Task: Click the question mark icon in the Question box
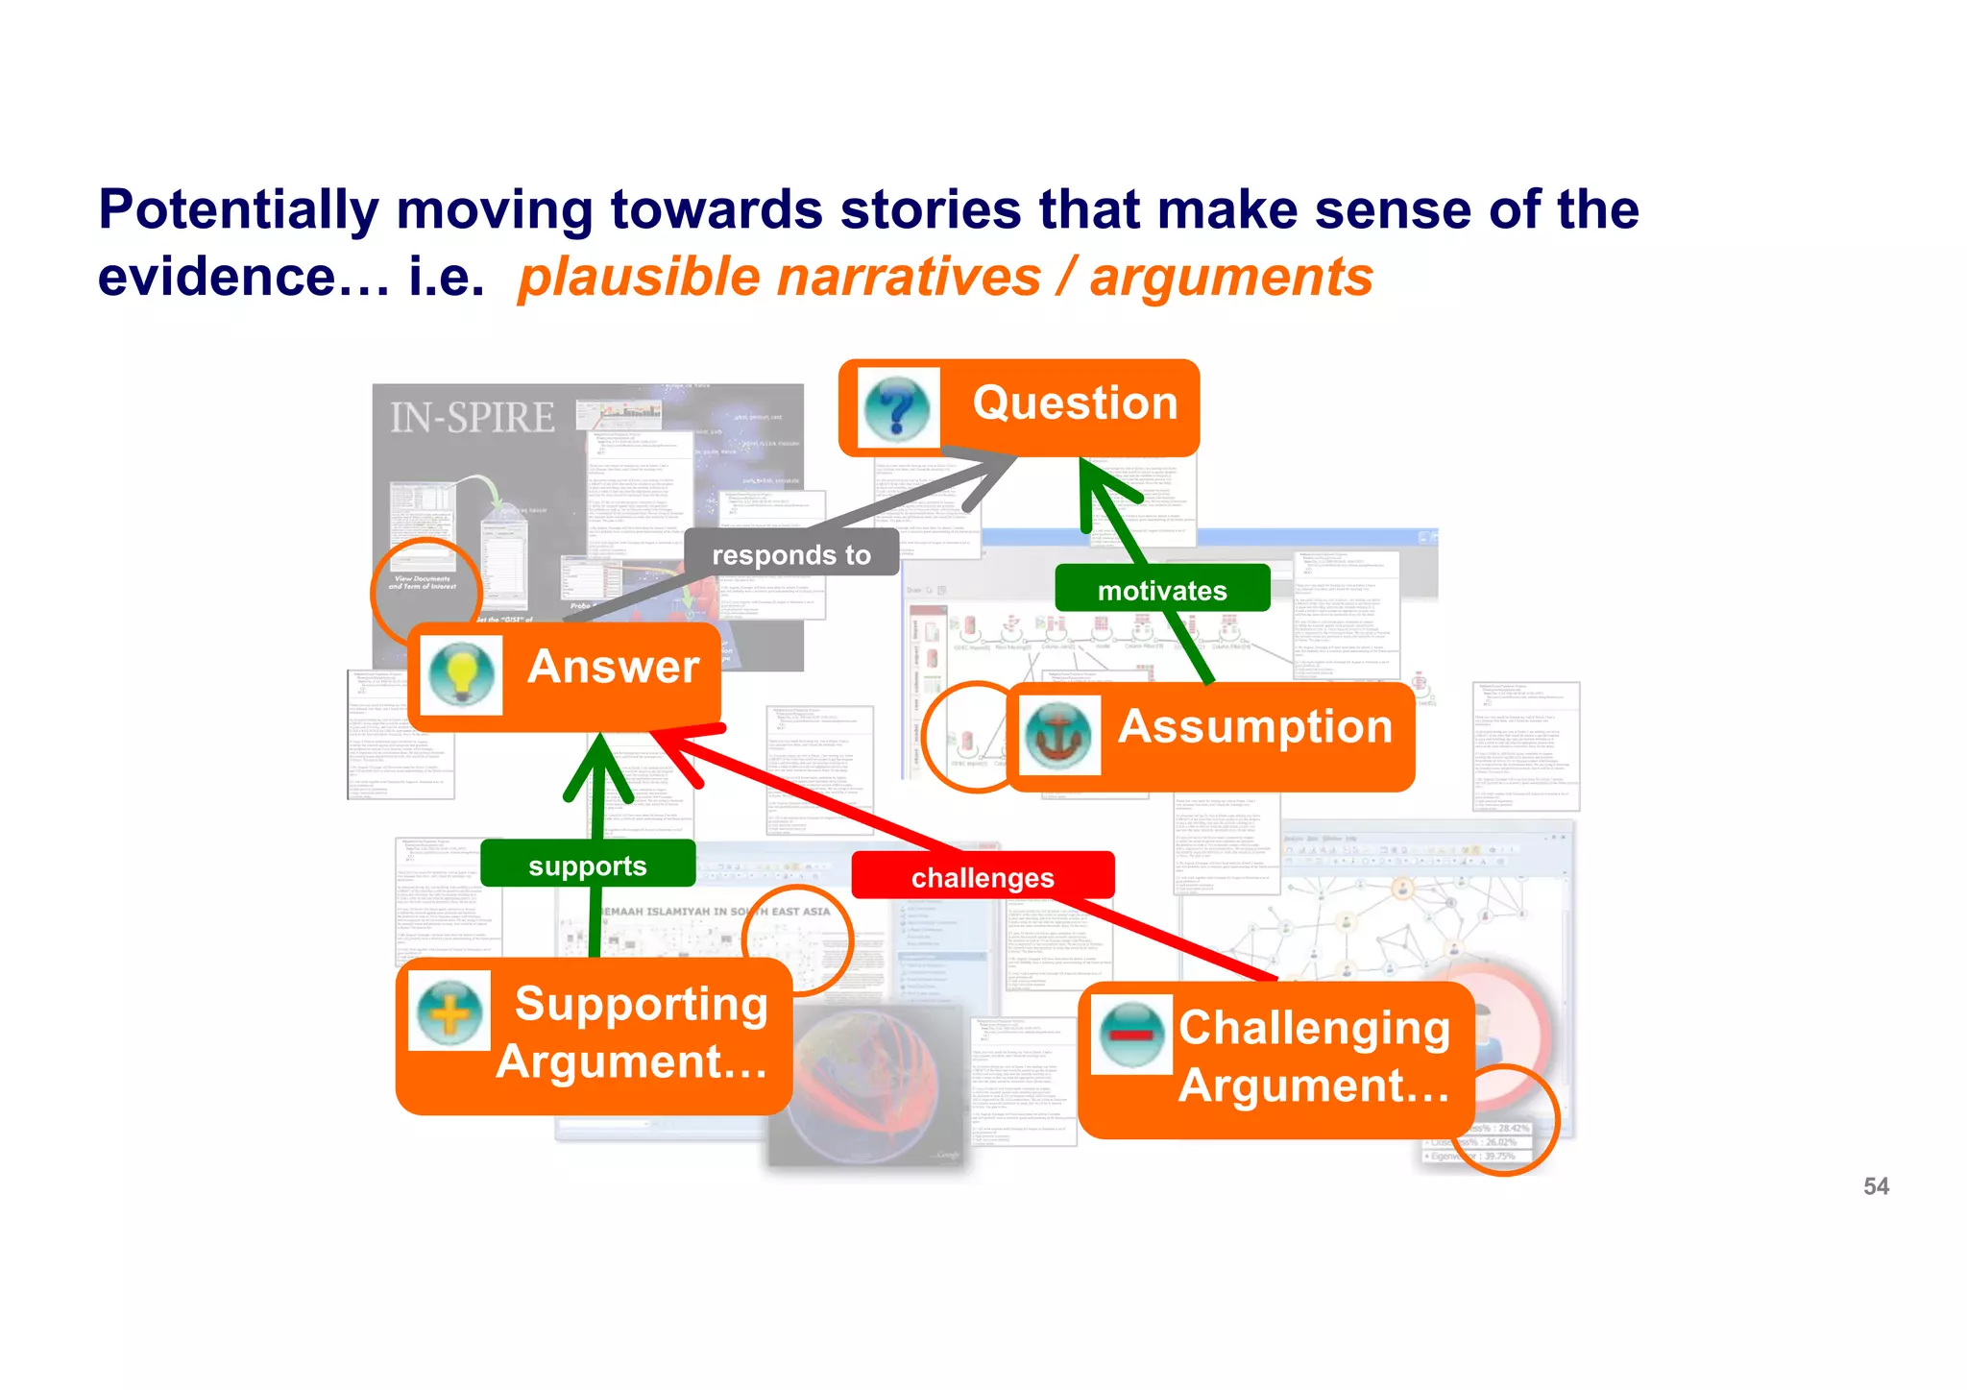coord(896,407)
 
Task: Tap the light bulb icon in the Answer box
coord(461,672)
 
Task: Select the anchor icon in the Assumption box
coord(1058,735)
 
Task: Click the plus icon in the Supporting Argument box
coord(449,1011)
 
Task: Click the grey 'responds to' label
coord(791,554)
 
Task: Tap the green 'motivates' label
coord(1162,590)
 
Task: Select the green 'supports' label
coord(588,865)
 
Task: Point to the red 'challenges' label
coord(983,877)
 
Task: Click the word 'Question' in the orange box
coord(1075,402)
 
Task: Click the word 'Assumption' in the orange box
coord(1254,726)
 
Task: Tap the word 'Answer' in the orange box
coord(613,667)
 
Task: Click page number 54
coord(1875,1186)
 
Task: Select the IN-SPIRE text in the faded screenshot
coord(472,418)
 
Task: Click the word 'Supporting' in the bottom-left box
coord(641,1004)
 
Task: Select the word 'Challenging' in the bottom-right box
coord(1314,1028)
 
